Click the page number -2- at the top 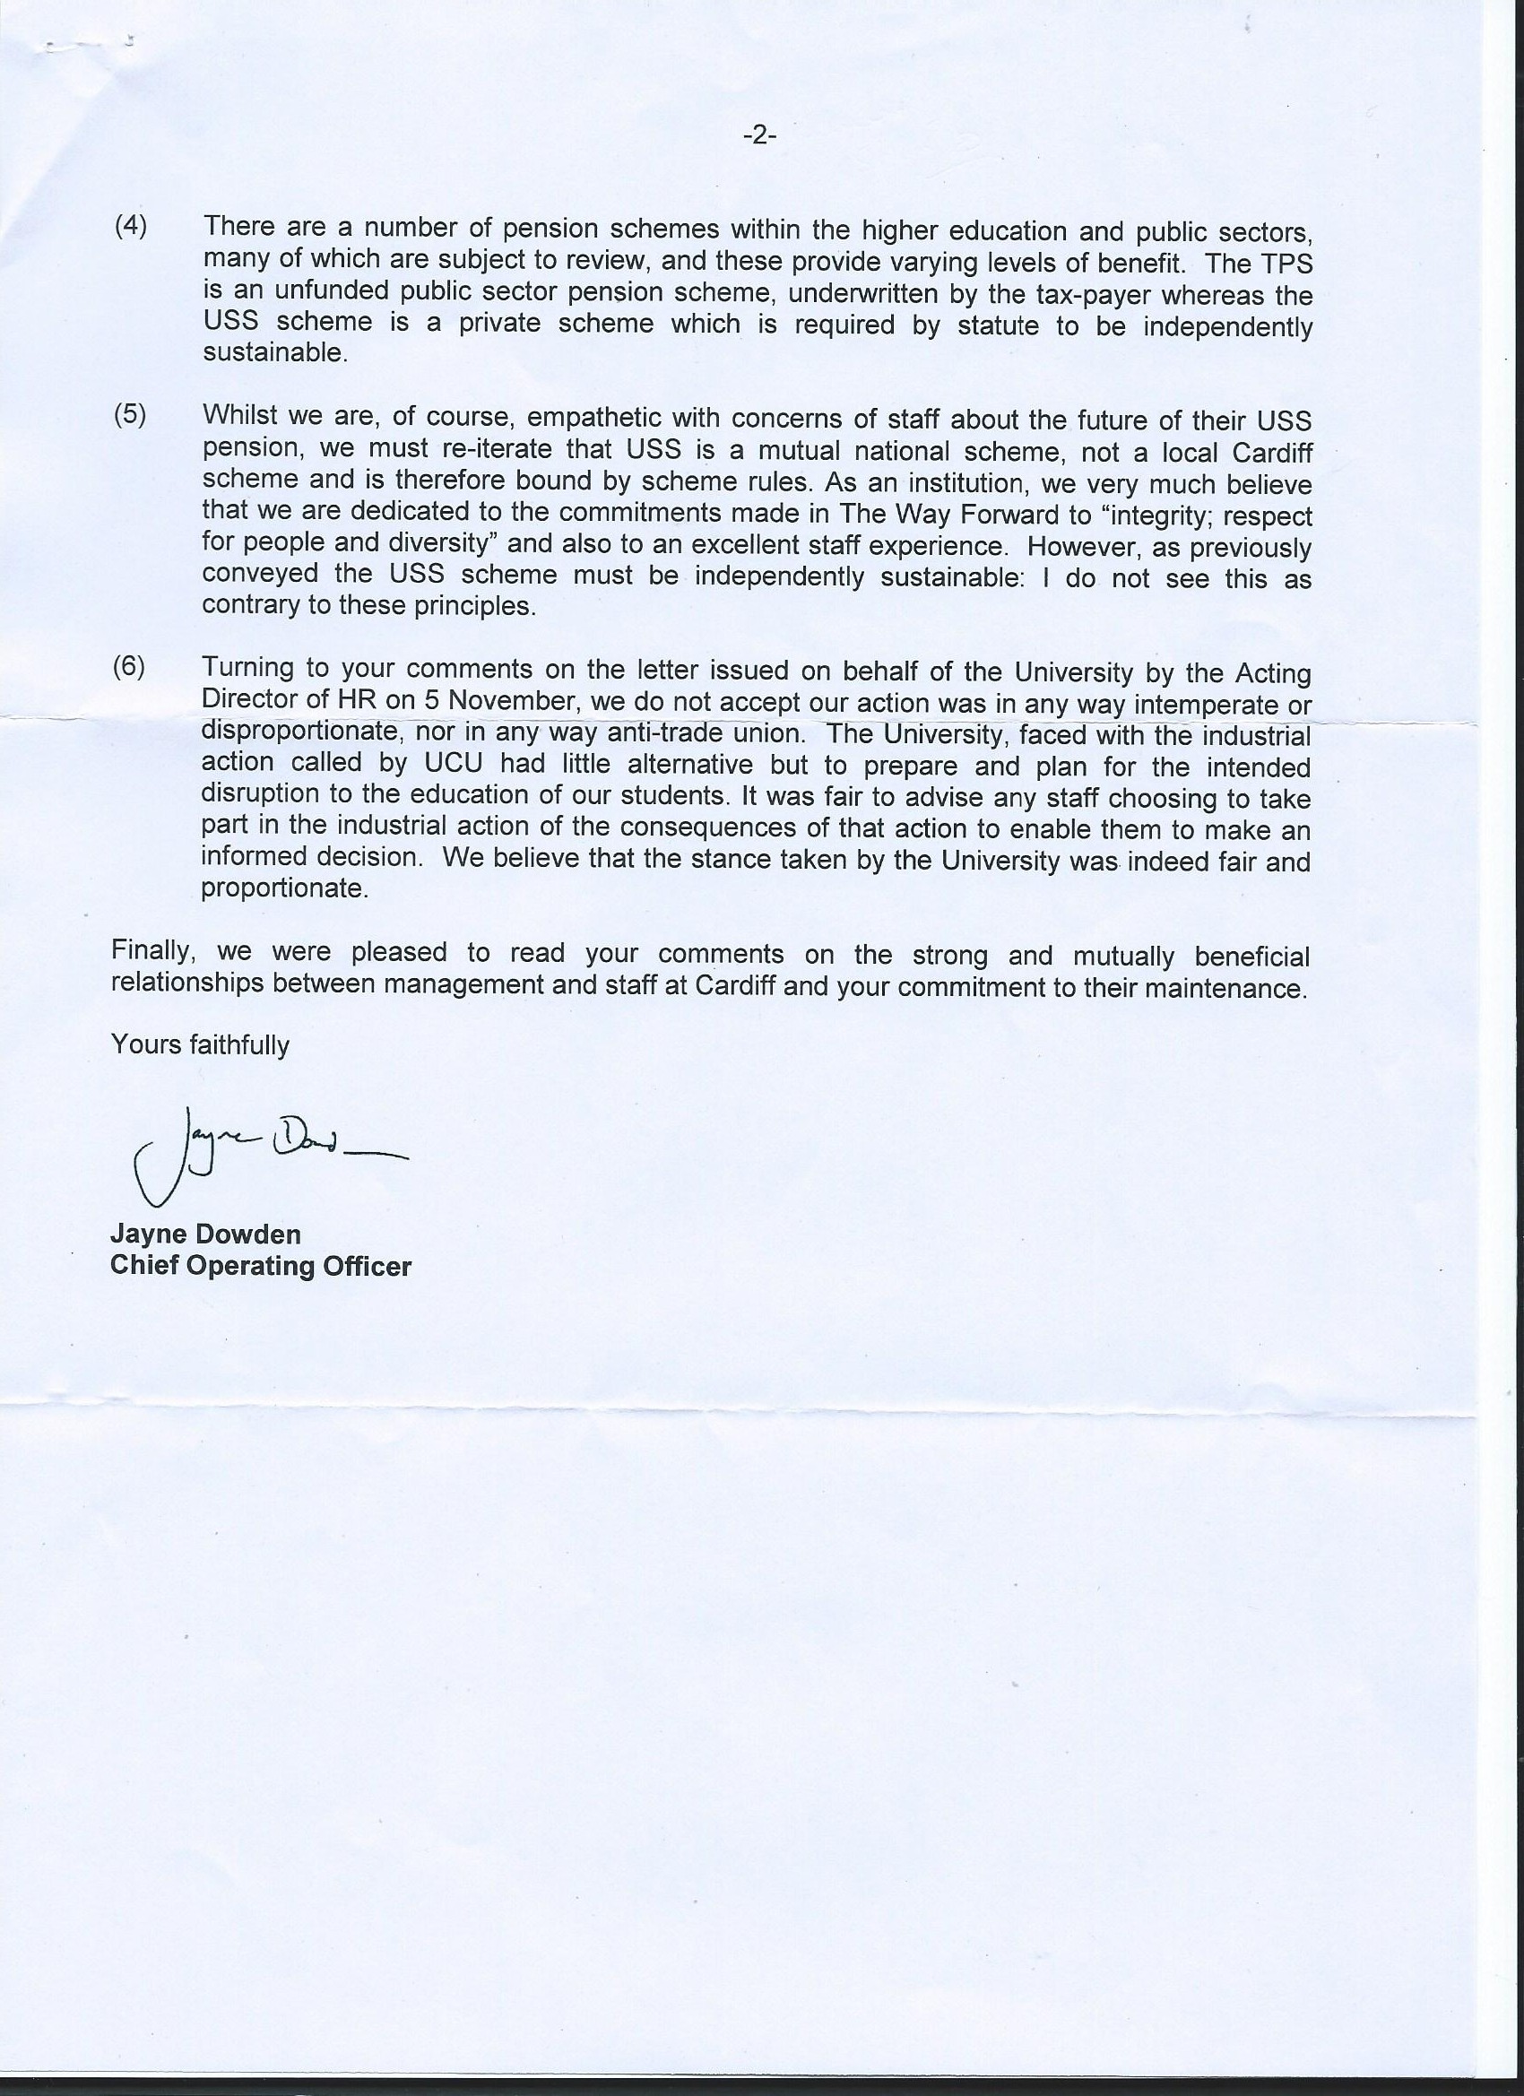click(x=758, y=137)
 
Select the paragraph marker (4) click(x=130, y=227)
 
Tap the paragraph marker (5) click(x=130, y=415)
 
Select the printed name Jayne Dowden click(x=205, y=1234)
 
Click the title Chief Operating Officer click(x=261, y=1266)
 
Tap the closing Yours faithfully click(x=200, y=1045)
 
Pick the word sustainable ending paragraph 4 click(x=273, y=354)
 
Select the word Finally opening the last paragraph click(x=148, y=951)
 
